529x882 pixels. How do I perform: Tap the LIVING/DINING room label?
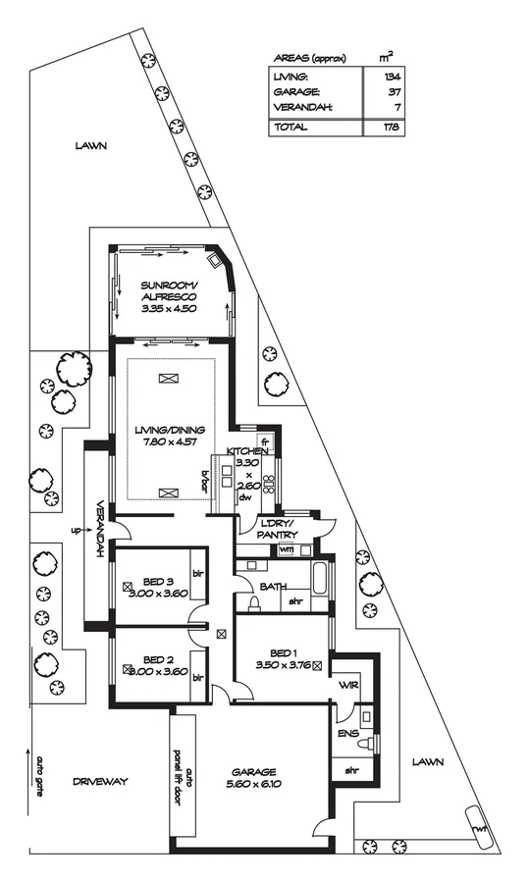pos(171,431)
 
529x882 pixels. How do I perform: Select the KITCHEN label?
pos(247,450)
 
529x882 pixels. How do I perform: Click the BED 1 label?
pos(283,651)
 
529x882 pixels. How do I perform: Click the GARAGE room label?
pos(254,770)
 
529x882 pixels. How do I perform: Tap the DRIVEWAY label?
pos(100,781)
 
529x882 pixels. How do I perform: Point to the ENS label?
pos(347,733)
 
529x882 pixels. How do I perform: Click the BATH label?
pos(273,587)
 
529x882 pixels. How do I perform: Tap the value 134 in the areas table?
pos(393,76)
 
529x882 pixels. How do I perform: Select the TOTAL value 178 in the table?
pos(393,127)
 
